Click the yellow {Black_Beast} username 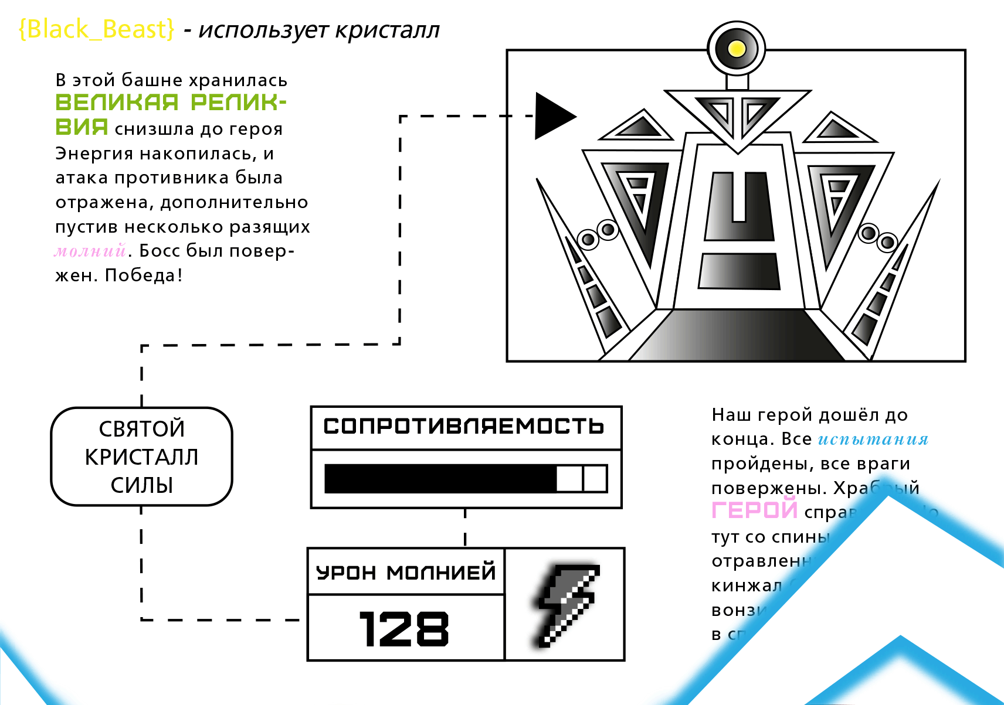97,29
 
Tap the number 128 404,629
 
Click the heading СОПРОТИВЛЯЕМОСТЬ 464,426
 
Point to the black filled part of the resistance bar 440,478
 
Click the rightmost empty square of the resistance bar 595,478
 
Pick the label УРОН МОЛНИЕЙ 406,572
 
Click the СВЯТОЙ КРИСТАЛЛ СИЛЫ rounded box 142,457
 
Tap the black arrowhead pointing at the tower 553,116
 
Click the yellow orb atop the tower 737,49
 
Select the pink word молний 90,251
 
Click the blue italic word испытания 873,439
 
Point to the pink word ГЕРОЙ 754,510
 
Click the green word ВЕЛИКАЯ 117,103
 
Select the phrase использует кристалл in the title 320,30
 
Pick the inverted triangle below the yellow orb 738,115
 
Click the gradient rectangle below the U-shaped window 739,271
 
